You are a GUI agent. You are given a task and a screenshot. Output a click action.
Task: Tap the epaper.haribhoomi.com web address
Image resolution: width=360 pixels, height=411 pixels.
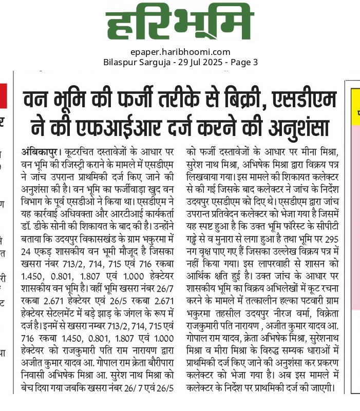(x=180, y=52)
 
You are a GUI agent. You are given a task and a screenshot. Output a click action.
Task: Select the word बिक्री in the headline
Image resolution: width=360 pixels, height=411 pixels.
(x=237, y=98)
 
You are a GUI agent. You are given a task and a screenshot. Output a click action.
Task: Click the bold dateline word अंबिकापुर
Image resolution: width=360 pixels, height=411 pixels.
(x=41, y=152)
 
